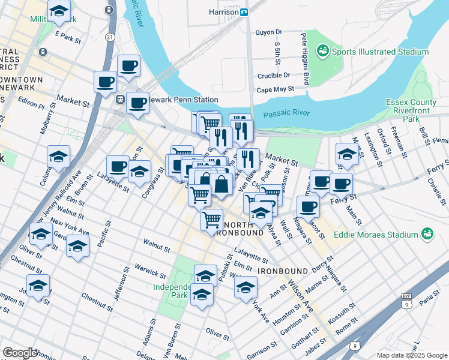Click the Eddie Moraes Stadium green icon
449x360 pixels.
pyautogui.click(x=427, y=233)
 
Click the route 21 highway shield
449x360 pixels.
pyautogui.click(x=109, y=37)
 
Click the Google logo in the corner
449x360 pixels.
pyautogui.click(x=20, y=352)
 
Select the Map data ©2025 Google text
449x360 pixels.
pyautogui.click(x=412, y=355)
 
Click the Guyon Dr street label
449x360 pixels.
pyautogui.click(x=268, y=32)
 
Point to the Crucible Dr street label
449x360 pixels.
pyautogui.click(x=274, y=76)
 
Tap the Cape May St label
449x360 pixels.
pyautogui.click(x=275, y=89)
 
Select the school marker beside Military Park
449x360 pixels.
pyautogui.click(x=59, y=11)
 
